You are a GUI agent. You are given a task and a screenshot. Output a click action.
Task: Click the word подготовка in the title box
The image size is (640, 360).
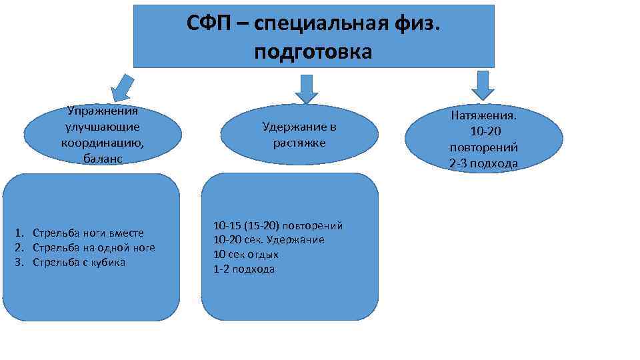click(x=313, y=51)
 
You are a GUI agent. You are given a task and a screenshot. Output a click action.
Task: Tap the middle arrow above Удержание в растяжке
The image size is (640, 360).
click(x=307, y=87)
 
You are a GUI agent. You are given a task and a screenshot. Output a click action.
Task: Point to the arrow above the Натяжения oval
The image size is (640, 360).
click(x=483, y=85)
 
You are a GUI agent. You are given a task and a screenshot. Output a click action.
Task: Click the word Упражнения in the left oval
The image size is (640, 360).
click(x=103, y=111)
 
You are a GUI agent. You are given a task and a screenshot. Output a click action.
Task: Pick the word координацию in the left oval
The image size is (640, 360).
click(x=103, y=142)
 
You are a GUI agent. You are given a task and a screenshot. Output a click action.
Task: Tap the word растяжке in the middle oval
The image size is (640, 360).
click(x=299, y=143)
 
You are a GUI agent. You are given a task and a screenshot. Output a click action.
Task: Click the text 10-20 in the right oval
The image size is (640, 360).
click(x=484, y=131)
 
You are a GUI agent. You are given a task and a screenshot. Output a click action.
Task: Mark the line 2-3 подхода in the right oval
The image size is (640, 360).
click(x=484, y=164)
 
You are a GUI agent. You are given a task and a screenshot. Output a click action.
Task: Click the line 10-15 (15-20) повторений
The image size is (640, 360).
click(x=278, y=225)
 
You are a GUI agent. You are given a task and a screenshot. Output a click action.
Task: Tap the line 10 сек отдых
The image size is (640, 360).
click(x=246, y=255)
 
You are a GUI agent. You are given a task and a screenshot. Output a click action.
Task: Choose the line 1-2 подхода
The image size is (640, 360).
click(x=244, y=269)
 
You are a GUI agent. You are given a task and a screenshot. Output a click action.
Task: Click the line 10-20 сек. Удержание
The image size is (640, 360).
click(x=269, y=240)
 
